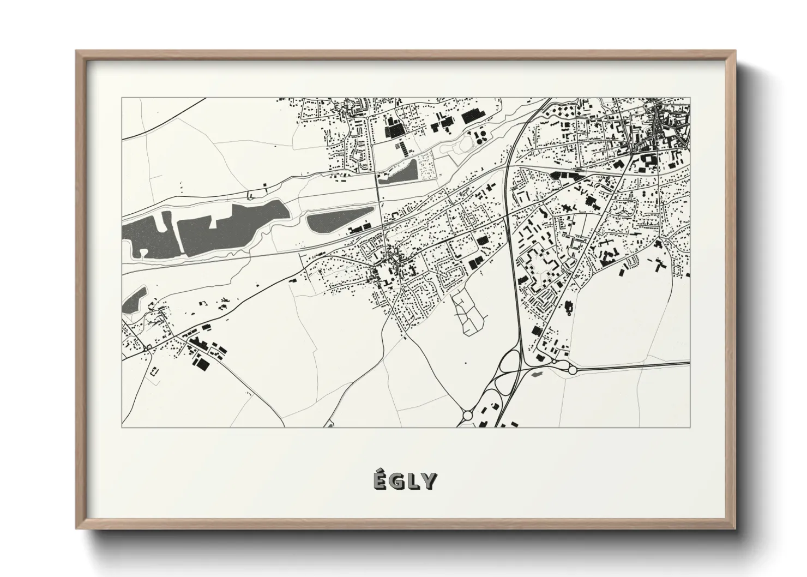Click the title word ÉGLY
(x=404, y=481)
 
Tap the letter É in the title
(x=380, y=480)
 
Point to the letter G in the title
(x=397, y=482)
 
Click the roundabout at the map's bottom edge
(x=467, y=415)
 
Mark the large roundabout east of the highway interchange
(x=573, y=370)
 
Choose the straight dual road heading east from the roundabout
(x=633, y=365)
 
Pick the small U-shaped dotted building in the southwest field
(x=153, y=371)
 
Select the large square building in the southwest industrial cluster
(x=203, y=364)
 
